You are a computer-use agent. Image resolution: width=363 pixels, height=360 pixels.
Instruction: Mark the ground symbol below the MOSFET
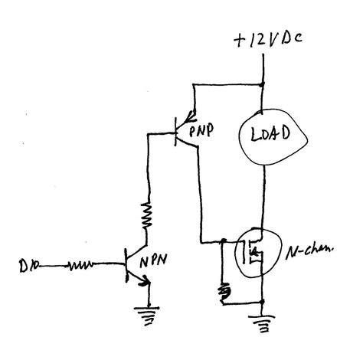click(x=264, y=324)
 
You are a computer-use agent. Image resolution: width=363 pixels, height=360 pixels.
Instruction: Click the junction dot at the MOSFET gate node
click(x=223, y=243)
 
